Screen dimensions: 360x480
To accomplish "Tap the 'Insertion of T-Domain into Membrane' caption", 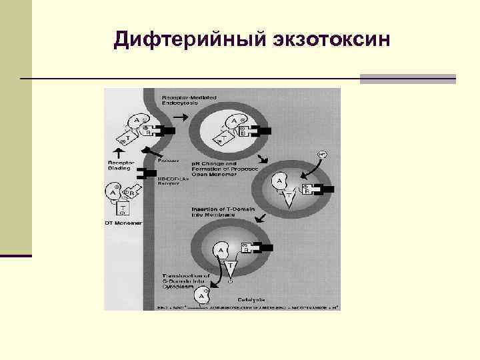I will click(x=220, y=212).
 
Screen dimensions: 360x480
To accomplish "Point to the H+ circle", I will click(x=322, y=154).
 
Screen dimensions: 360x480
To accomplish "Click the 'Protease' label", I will click(x=167, y=160).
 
